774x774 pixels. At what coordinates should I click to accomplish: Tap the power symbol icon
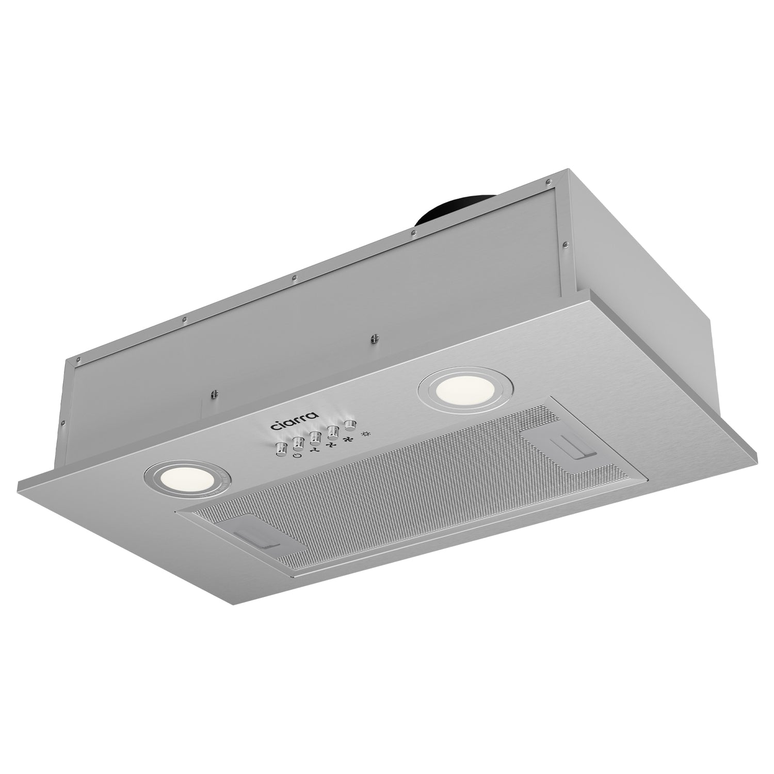[296, 456]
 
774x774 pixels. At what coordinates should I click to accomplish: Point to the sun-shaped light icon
[365, 433]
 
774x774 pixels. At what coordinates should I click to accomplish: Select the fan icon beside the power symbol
[314, 449]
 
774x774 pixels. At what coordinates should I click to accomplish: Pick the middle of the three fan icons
[331, 444]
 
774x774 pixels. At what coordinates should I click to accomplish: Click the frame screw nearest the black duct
[412, 234]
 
